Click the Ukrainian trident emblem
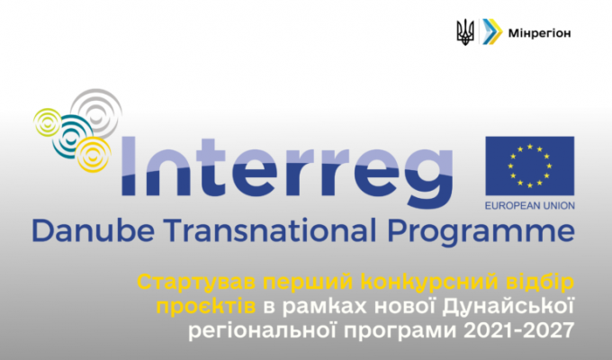[465, 32]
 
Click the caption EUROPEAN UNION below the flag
[529, 205]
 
